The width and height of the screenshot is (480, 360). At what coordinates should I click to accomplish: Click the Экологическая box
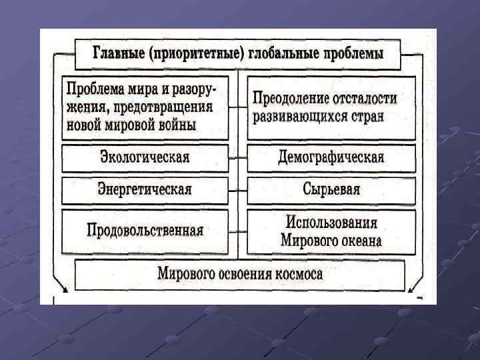145,158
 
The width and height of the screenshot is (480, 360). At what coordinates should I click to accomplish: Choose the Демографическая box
331,158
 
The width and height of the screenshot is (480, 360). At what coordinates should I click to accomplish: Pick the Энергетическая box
145,190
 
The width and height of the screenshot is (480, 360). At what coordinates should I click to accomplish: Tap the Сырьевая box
331,190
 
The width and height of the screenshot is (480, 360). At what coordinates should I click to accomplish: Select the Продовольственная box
145,231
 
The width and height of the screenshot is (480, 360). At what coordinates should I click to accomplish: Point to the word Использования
331,222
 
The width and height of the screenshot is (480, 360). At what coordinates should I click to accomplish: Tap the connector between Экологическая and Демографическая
238,159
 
